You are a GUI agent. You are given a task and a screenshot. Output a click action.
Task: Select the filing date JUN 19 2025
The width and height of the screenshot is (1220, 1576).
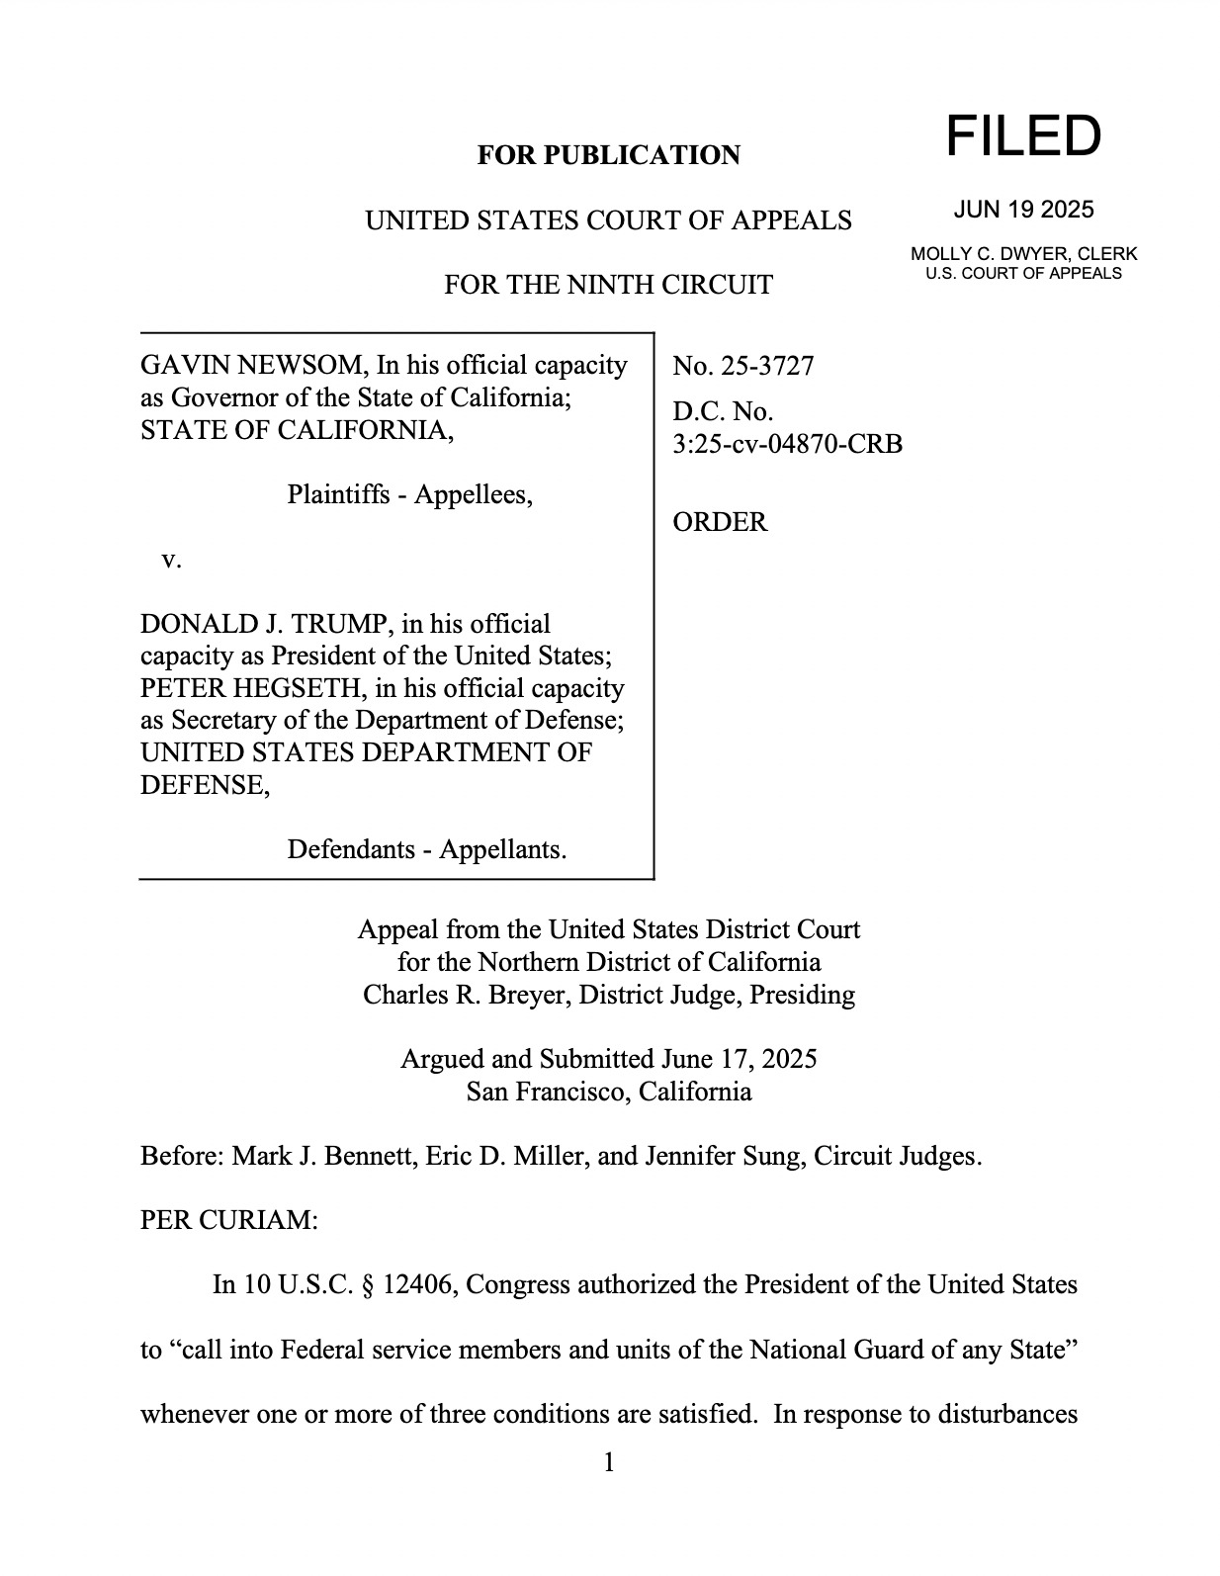point(1023,210)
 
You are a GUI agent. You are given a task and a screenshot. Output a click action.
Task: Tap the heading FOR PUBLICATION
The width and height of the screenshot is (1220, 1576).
point(608,155)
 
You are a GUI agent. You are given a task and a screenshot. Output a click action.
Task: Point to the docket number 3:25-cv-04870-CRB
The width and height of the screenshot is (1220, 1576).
point(787,444)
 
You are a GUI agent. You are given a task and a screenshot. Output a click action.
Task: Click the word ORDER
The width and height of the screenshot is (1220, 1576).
point(720,522)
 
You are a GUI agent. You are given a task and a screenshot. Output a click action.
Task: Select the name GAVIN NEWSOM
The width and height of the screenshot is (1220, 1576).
point(252,366)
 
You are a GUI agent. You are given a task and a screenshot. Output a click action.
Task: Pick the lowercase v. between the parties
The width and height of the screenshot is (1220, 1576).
point(171,560)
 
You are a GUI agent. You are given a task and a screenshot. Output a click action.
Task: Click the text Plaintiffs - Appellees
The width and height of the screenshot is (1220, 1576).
point(409,494)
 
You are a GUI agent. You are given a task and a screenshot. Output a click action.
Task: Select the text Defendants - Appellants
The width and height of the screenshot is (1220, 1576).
point(426,849)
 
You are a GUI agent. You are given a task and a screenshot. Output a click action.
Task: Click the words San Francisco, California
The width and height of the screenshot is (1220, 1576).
point(608,1092)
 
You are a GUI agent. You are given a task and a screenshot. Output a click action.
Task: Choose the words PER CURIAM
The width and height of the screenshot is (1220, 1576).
point(228,1220)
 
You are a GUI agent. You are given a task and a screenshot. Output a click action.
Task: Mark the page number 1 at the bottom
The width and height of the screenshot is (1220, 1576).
point(609,1462)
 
